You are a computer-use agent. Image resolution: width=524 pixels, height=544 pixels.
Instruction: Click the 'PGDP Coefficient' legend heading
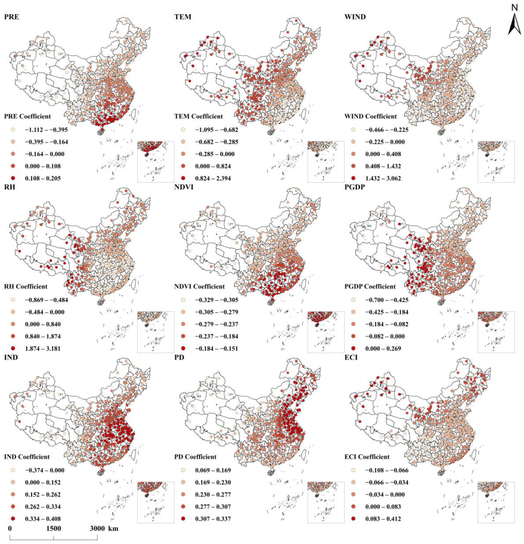370,286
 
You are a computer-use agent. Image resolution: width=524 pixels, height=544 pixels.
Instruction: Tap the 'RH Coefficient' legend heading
26,286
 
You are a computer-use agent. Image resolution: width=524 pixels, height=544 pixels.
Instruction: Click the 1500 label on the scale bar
54,528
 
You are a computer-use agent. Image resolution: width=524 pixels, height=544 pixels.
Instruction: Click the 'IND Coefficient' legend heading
27,457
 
